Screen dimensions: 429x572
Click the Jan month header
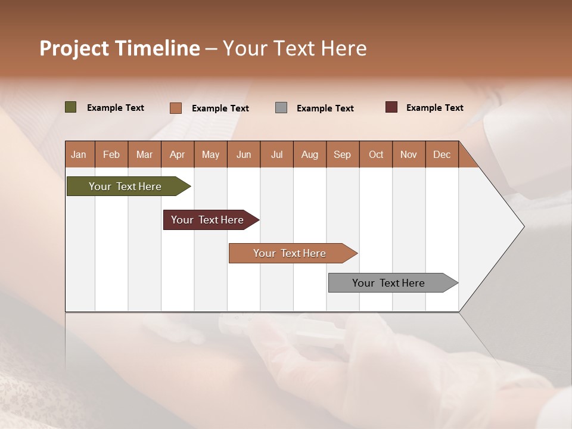point(79,154)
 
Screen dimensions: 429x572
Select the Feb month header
point(111,154)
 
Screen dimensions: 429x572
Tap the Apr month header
point(177,154)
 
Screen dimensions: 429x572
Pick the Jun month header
point(244,154)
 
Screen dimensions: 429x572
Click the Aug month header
point(309,154)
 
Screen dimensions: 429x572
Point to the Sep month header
point(342,154)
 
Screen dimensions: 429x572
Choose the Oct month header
point(376,154)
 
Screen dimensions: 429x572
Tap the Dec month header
point(442,154)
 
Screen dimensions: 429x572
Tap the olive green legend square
point(70,107)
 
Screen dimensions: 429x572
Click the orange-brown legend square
point(175,108)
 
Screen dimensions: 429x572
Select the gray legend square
point(281,107)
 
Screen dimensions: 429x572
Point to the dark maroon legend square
point(391,107)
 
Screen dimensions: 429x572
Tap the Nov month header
point(408,154)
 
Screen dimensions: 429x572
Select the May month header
point(210,154)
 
